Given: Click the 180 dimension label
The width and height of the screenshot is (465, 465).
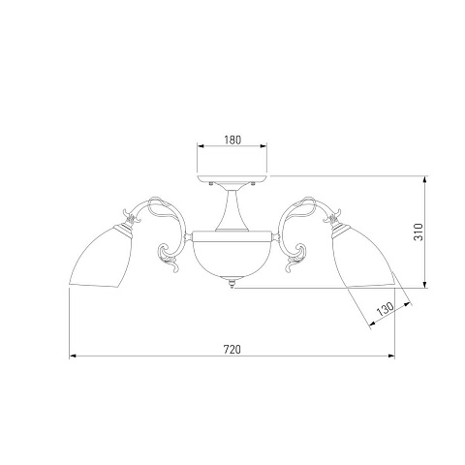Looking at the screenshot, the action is coord(232,139).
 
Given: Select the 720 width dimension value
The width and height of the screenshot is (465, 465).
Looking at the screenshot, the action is coord(232,350).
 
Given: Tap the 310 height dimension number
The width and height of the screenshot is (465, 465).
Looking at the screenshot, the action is coord(418,232).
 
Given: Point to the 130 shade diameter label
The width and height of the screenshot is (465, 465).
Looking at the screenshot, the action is coord(386,310).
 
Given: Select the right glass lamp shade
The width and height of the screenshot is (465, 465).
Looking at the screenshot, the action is coord(363,259).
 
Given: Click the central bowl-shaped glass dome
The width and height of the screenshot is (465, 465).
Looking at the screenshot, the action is coord(232,259).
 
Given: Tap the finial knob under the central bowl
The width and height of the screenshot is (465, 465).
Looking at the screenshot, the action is coord(232,284).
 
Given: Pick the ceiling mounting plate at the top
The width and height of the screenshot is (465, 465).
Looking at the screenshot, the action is coord(232,179).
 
